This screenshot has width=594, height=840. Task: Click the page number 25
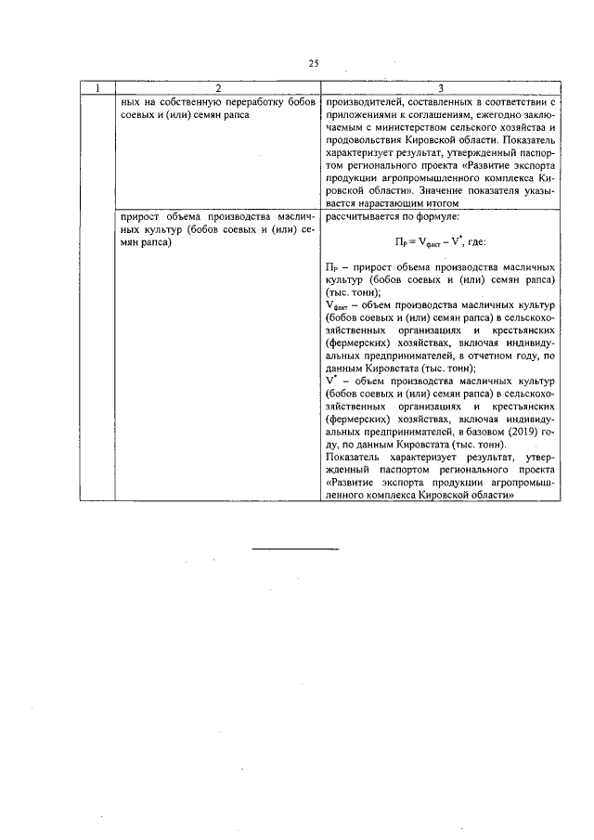click(313, 63)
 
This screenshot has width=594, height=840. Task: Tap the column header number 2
click(216, 87)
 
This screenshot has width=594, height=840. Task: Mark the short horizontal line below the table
click(297, 550)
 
